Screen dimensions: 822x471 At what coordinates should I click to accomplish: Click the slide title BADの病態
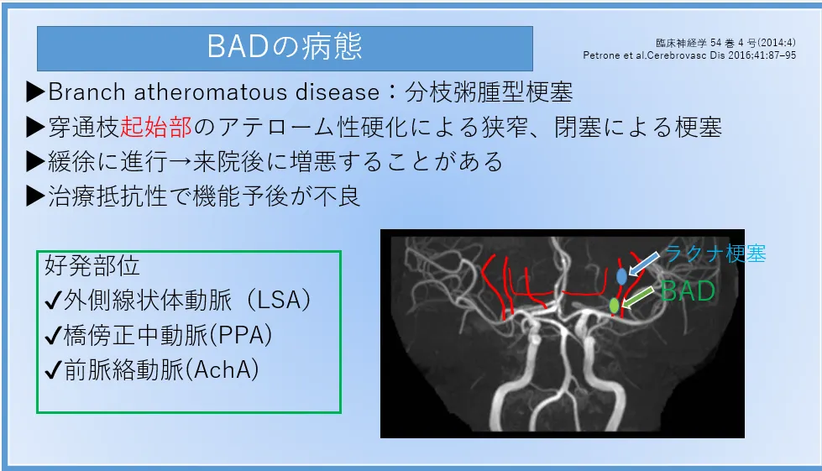click(x=285, y=46)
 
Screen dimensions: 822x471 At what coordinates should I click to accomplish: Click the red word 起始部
click(x=156, y=128)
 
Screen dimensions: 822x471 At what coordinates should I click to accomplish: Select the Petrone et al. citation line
click(x=689, y=55)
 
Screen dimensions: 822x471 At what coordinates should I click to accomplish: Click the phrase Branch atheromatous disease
click(x=214, y=92)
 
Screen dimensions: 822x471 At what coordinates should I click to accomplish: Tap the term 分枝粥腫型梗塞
click(x=489, y=92)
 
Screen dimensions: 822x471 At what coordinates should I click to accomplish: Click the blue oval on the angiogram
click(x=621, y=276)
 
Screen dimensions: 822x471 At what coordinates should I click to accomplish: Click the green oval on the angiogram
click(x=615, y=305)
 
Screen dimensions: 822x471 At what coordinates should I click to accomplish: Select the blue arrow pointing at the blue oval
click(x=644, y=264)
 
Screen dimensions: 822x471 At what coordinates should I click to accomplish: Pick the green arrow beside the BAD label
click(x=637, y=296)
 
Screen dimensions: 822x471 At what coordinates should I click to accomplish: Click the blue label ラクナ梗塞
click(x=715, y=254)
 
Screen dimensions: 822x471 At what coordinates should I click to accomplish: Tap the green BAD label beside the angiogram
click(x=688, y=290)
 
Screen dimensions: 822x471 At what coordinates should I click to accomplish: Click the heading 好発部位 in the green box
click(x=92, y=265)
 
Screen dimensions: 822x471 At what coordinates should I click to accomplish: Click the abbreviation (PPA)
click(x=241, y=335)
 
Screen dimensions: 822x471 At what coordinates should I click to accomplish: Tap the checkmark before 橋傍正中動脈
click(x=54, y=337)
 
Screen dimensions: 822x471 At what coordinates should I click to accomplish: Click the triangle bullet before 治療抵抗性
click(x=35, y=196)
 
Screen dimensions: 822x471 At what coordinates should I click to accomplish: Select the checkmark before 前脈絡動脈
click(x=54, y=371)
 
